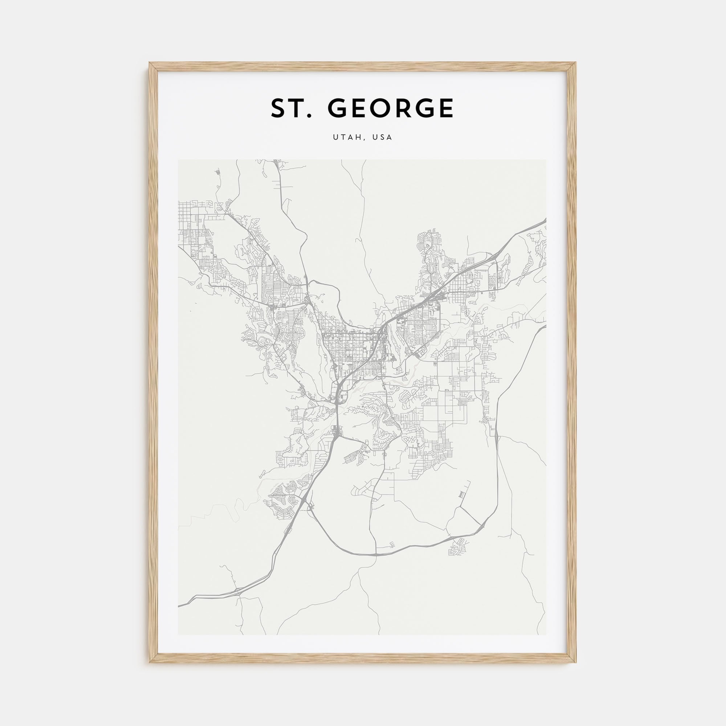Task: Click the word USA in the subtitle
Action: coord(382,138)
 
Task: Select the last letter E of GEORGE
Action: coord(446,108)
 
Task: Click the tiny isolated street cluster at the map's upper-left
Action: coord(218,173)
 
